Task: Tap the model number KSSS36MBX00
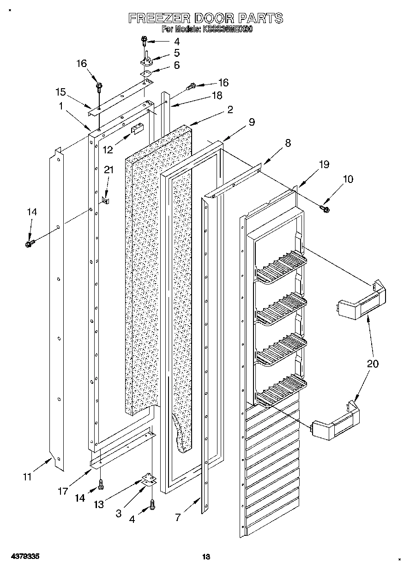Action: [x=226, y=29]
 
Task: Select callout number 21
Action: [x=108, y=170]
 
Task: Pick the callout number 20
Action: [x=372, y=364]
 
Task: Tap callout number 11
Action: [x=27, y=477]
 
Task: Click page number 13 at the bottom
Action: [x=206, y=557]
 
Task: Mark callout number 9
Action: [x=251, y=122]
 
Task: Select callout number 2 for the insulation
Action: [x=229, y=109]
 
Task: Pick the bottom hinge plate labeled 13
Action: [x=148, y=479]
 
